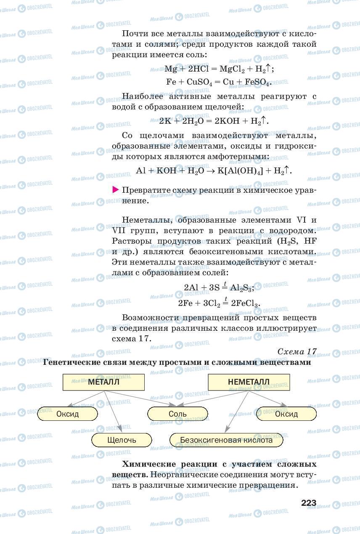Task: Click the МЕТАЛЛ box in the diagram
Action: coord(103,382)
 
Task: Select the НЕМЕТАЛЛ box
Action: coord(249,382)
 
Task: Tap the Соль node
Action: coord(177,414)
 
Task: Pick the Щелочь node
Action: coord(122,440)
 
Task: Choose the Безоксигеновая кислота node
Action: coord(226,440)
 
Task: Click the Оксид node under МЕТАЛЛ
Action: coord(67,414)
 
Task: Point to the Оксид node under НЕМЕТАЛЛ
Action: coord(286,414)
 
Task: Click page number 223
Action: coord(308,503)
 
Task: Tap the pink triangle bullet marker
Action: coord(116,190)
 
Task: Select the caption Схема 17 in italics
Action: coord(297,351)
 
